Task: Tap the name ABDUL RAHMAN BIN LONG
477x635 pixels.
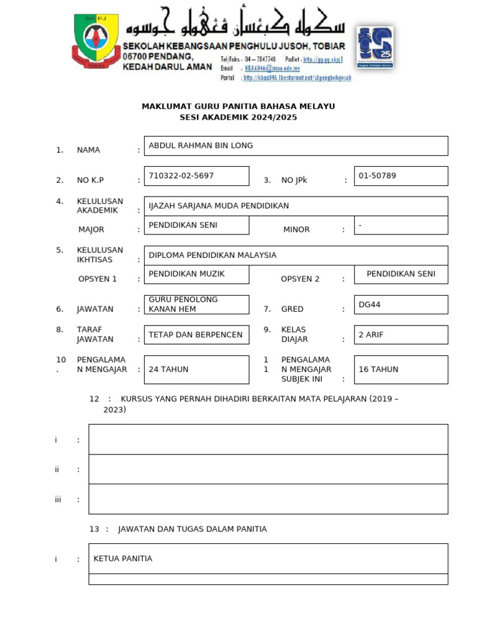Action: (201, 146)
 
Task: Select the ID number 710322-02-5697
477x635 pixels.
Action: (181, 176)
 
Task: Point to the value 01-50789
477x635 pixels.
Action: (377, 176)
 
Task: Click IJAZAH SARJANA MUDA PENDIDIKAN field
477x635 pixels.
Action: (219, 206)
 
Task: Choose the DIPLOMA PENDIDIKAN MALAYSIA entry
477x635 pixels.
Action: (212, 255)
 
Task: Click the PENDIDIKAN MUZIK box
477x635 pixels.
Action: (186, 273)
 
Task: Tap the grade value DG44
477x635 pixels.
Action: (371, 304)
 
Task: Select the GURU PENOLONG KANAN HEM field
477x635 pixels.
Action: (183, 304)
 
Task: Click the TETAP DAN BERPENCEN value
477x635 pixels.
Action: (195, 335)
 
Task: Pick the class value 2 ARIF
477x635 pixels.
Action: (371, 335)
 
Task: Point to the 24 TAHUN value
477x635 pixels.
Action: (168, 369)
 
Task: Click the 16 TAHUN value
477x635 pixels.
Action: (378, 369)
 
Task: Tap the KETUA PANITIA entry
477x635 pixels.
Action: (122, 559)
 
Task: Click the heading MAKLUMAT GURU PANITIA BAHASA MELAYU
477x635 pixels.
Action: (238, 106)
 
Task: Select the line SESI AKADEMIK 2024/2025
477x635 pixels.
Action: (238, 117)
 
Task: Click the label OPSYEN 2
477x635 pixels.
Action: (300, 279)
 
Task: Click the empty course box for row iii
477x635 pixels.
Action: (268, 499)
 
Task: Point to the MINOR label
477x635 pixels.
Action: (296, 229)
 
